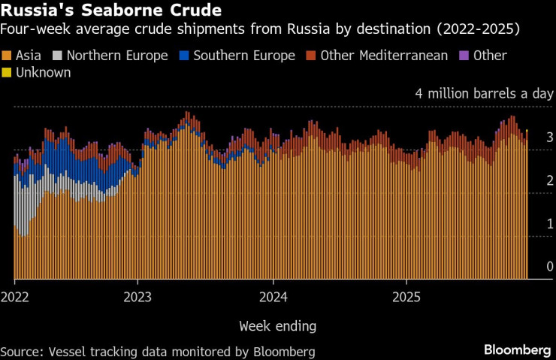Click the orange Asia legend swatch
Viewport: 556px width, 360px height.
8,56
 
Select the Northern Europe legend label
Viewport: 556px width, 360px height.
116,56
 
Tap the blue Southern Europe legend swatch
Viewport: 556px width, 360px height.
185,56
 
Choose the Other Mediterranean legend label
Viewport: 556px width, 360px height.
384,56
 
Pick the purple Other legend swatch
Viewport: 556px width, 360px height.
464,56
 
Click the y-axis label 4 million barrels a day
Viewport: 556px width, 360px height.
484,95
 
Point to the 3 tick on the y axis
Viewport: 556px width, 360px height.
550,138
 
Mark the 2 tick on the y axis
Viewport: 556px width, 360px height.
550,180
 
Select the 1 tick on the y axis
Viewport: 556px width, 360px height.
550,224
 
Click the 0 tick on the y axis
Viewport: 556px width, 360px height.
550,267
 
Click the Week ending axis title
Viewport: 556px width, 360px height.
277,326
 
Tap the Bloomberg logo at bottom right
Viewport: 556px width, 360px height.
517,350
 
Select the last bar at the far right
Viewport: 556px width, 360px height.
527,203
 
